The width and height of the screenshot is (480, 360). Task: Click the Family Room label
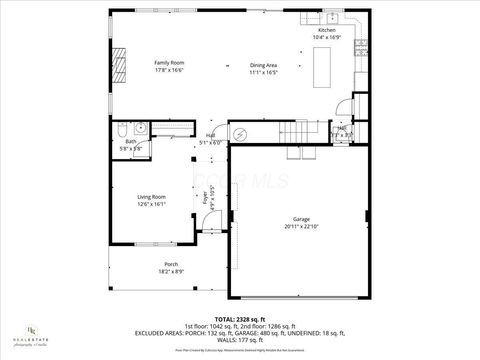[168, 62]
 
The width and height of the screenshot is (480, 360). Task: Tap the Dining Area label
[263, 65]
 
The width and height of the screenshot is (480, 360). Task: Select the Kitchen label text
[327, 31]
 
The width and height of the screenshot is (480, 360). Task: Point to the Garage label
[301, 218]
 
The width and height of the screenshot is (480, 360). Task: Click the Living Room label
[152, 197]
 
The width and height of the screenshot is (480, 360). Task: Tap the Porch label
[170, 265]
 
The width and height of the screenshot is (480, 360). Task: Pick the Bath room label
[131, 141]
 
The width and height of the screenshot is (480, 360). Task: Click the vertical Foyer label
[206, 198]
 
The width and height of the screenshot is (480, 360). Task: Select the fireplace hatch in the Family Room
[119, 66]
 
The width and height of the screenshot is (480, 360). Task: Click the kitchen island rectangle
[322, 67]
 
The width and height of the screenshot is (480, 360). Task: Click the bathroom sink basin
[141, 127]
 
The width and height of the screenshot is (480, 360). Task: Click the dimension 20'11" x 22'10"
[301, 226]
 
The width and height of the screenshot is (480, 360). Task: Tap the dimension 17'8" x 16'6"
[168, 70]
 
